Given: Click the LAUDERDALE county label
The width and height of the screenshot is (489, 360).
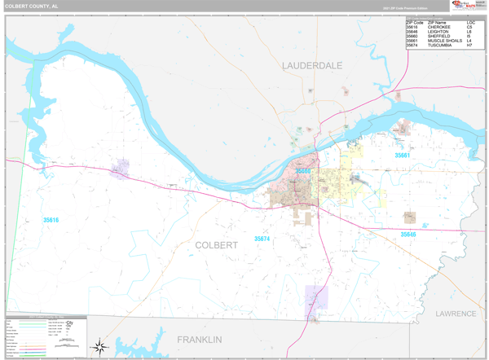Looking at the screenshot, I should [312, 65].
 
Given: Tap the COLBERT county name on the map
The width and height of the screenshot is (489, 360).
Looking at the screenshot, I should [216, 244].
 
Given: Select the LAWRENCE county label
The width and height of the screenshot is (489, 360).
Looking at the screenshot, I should [454, 313].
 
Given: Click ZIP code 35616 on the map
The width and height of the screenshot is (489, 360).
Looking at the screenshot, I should [51, 220].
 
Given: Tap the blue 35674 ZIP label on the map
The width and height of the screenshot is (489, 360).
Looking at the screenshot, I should [262, 239].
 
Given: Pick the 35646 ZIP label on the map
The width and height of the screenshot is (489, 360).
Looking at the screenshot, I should [407, 235].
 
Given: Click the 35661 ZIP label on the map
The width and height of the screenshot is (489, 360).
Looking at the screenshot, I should [403, 155].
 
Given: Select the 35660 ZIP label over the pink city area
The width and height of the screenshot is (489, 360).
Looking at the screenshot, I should [303, 172].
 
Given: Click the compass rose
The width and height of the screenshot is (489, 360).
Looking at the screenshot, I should [99, 347].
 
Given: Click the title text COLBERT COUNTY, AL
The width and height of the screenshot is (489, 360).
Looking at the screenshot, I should [33, 6].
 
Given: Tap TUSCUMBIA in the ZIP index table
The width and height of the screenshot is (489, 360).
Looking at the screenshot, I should [441, 46].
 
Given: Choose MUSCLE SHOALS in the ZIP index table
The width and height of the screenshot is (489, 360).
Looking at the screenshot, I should [444, 41].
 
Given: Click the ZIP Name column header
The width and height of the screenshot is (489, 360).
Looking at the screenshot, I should [436, 22].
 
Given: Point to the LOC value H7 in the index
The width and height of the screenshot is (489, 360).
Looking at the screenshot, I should [469, 46].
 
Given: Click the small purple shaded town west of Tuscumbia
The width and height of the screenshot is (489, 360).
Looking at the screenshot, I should [121, 169].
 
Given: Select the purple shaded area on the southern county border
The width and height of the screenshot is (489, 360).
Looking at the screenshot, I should [315, 297].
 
